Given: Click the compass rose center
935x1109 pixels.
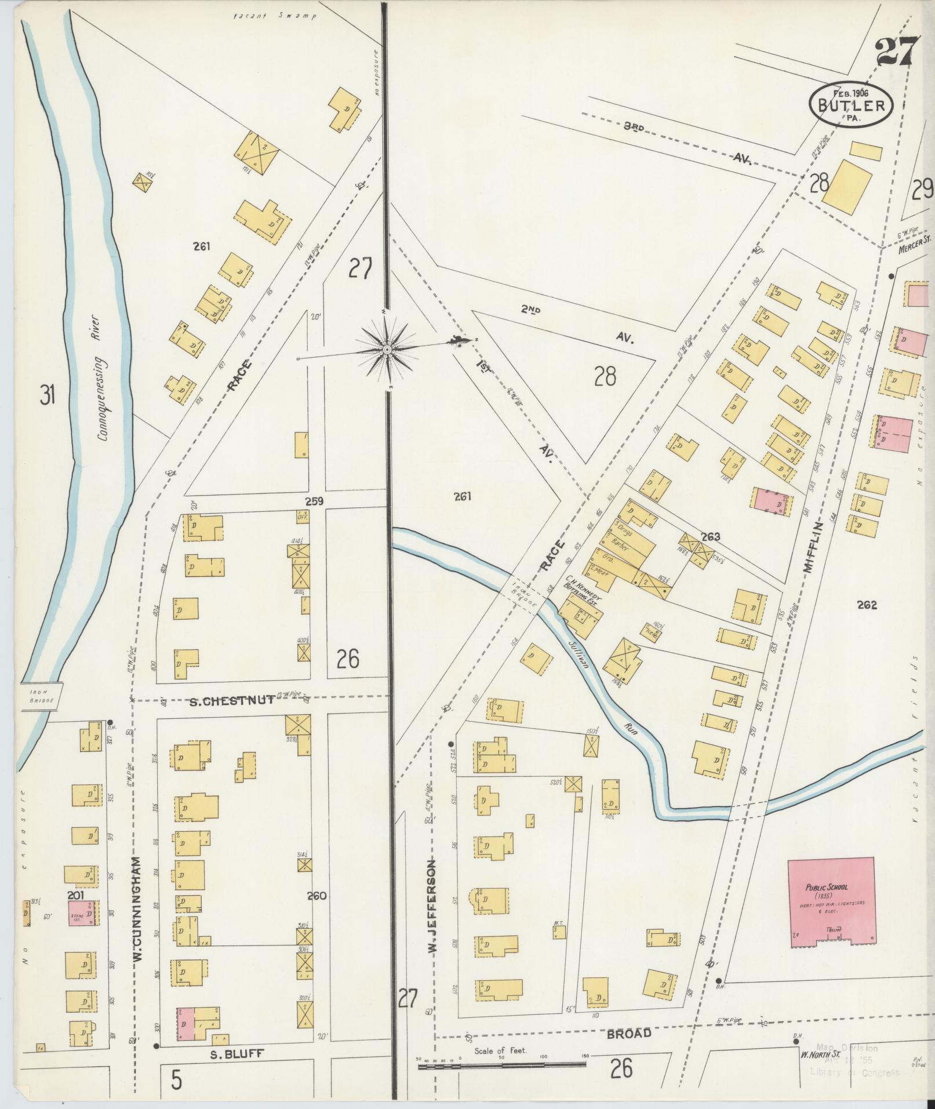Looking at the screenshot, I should [x=387, y=349].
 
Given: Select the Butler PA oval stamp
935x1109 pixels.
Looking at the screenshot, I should [x=851, y=105].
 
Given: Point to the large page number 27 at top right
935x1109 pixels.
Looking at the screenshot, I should [x=897, y=53].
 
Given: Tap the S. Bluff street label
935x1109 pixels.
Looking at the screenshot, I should [x=237, y=1055].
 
